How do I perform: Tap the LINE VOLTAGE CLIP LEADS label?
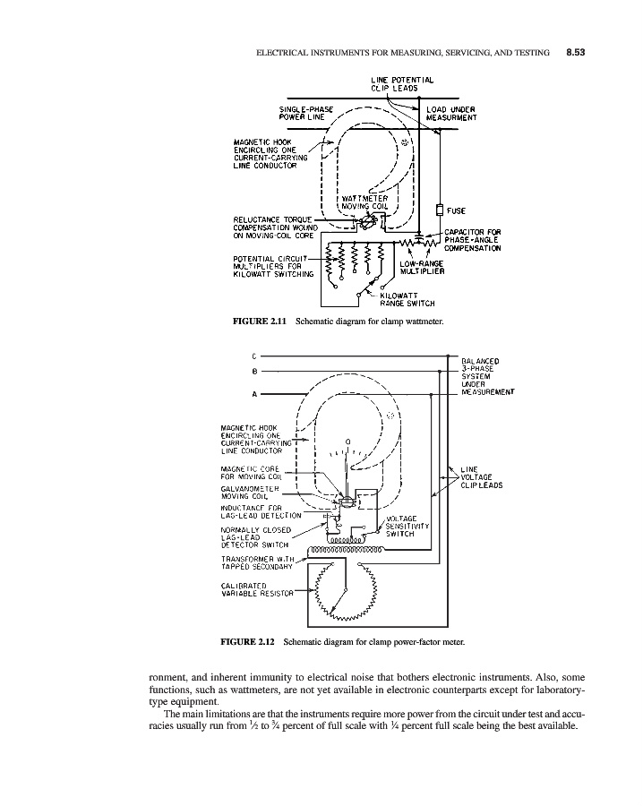pyautogui.click(x=480, y=477)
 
